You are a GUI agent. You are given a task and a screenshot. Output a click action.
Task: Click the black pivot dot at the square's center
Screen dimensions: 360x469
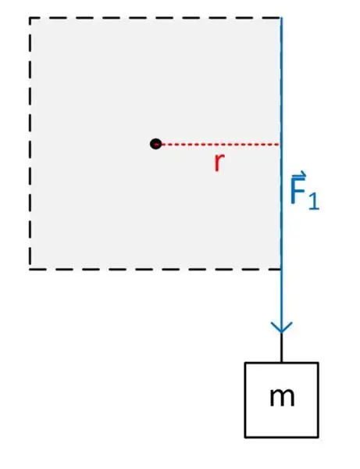155,144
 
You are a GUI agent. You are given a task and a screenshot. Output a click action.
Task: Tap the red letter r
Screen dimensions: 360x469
219,163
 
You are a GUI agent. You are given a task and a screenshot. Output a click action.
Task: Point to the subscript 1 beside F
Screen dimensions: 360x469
314,201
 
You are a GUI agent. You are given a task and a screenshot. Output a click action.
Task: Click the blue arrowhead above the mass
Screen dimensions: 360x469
281,328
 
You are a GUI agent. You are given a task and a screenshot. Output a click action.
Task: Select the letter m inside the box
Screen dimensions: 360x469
282,398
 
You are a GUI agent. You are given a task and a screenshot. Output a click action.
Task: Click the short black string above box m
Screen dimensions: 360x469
281,348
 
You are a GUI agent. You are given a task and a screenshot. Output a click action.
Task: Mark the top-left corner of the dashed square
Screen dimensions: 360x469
30,18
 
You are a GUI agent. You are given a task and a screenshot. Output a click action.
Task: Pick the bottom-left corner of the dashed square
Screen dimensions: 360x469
30,269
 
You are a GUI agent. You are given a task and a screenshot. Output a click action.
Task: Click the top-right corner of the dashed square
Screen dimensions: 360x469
281,18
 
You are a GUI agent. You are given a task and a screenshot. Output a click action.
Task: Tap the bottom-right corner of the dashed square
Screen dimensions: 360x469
281,269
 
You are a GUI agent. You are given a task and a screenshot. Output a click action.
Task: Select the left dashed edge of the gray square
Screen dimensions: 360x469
30,144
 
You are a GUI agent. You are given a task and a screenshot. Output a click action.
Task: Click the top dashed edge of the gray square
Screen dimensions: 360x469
155,18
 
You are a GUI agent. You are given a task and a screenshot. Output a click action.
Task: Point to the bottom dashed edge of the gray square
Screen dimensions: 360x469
155,269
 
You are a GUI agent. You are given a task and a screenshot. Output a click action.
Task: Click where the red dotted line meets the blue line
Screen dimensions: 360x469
280,145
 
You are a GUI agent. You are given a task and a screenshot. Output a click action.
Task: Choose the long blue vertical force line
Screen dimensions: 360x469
281,175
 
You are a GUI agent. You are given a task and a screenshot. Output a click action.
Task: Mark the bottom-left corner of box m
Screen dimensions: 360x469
245,437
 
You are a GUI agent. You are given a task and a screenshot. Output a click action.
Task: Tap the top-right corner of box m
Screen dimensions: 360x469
318,363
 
